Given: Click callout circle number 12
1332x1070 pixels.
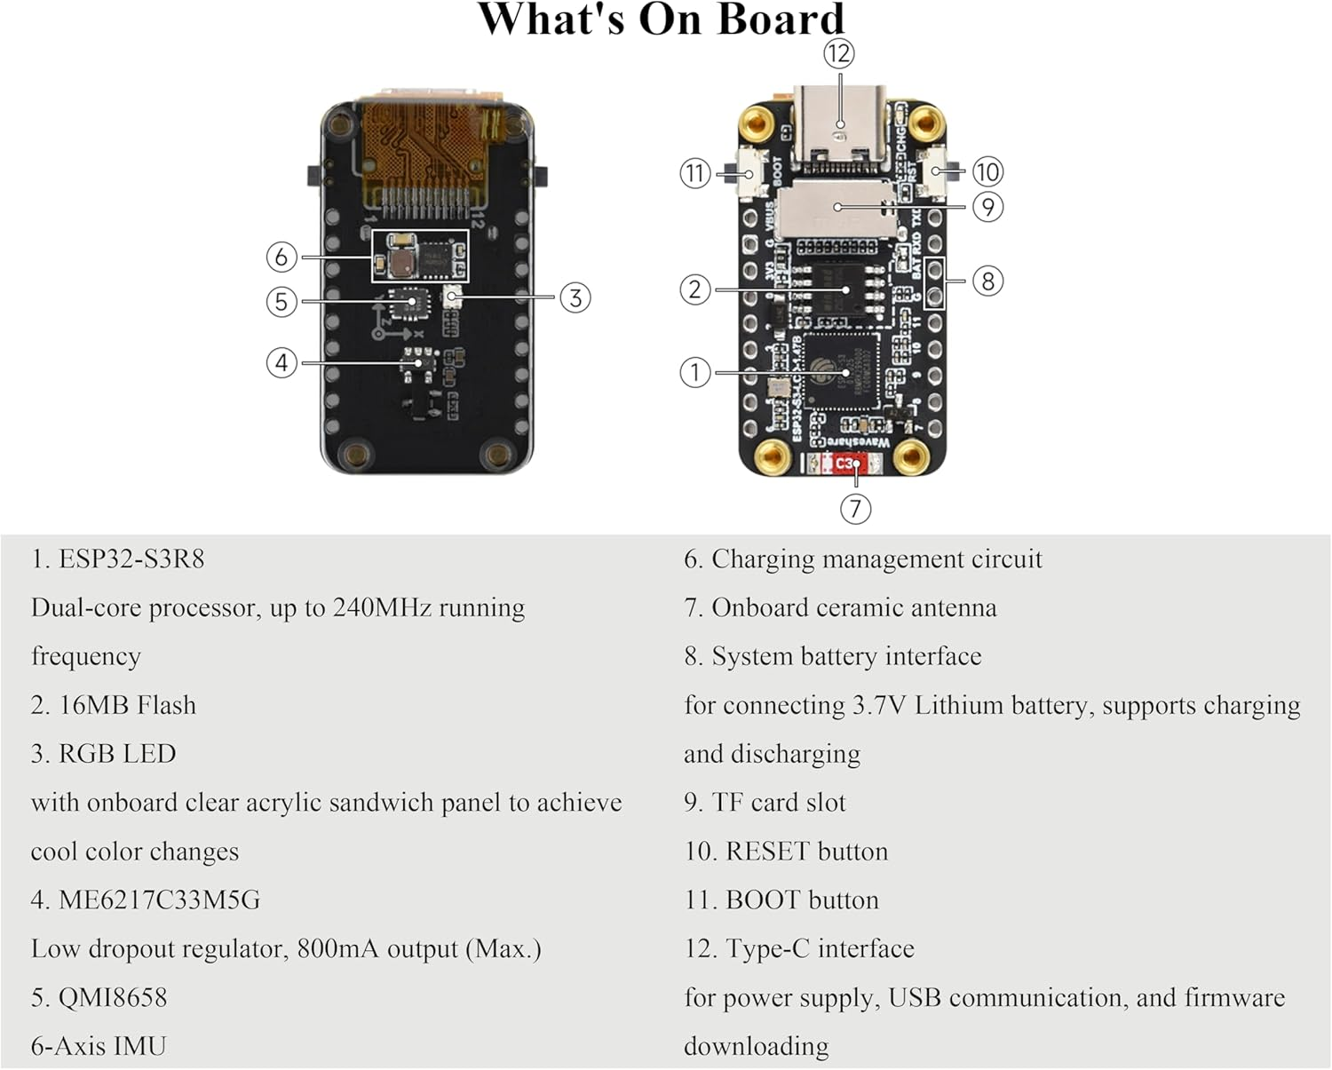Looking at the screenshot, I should click(x=838, y=53).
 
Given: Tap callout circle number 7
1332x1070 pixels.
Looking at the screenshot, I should click(x=855, y=509).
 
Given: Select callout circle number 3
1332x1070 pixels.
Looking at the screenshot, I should click(x=575, y=297).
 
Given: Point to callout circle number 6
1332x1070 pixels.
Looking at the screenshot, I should click(x=281, y=257).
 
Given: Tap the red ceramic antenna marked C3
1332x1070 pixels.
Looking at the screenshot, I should click(x=844, y=464).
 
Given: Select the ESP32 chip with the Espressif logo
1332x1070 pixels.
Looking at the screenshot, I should click(x=839, y=371).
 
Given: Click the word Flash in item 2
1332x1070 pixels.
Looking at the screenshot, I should click(x=166, y=705).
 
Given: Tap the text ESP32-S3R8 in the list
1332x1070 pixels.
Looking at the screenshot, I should click(x=131, y=559).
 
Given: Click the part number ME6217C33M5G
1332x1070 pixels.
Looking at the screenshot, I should click(x=159, y=900).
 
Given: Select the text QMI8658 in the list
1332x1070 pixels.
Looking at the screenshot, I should click(x=113, y=997).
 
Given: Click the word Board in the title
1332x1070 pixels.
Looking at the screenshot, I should click(x=781, y=20).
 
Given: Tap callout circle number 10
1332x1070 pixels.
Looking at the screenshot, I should click(x=987, y=171).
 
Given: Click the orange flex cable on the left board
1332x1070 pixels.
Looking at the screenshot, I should click(x=426, y=142).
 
